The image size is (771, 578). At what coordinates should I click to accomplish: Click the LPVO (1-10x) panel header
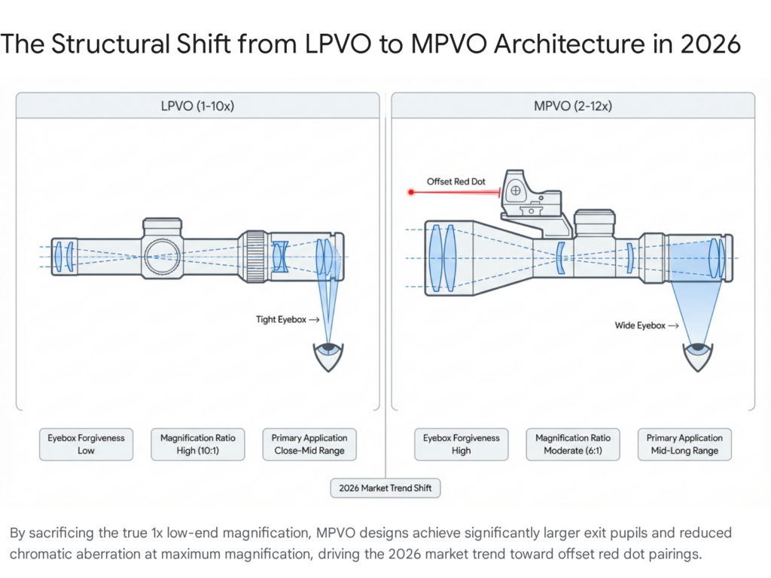pos(198,105)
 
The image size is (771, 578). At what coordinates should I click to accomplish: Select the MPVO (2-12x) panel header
pos(573,105)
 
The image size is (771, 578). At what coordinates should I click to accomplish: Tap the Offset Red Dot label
pos(456,181)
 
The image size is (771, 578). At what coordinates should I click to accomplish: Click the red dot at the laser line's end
pos(411,192)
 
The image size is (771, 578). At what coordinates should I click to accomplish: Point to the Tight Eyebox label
pos(281,319)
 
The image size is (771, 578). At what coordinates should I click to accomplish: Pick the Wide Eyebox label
pos(640,325)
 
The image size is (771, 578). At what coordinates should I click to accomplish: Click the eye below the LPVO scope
pos(328,356)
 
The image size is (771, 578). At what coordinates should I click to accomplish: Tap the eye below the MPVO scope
pos(698,356)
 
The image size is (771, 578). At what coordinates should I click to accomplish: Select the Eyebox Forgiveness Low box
pos(86,444)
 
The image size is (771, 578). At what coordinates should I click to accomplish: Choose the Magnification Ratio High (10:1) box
pos(198,444)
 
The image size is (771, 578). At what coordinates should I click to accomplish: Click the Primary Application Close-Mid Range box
pos(309,444)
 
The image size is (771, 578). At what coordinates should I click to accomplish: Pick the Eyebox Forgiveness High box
pos(462,444)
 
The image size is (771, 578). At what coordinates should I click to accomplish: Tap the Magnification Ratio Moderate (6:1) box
pos(573,444)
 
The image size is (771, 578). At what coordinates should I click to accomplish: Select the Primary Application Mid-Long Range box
pos(684,444)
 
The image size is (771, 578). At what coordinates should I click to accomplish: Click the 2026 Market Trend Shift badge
pos(385,488)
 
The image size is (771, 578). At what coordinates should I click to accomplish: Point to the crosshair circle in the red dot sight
pos(515,190)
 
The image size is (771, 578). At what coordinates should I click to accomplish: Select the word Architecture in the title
pos(569,44)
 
